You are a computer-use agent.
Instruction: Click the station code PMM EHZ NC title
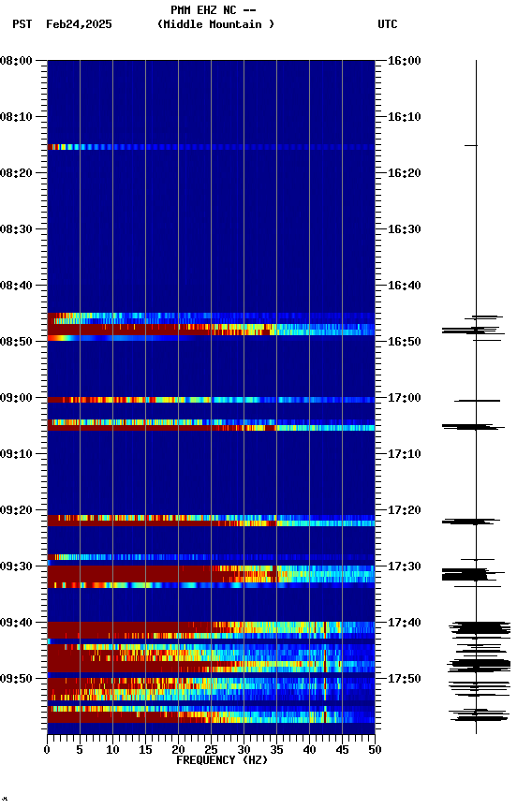(x=213, y=10)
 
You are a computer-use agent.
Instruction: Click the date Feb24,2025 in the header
(x=79, y=24)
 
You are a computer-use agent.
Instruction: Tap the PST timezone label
(x=22, y=24)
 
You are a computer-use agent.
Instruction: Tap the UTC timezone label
(x=388, y=24)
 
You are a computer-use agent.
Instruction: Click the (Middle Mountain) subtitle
(x=216, y=24)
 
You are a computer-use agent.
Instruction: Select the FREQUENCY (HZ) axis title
(x=221, y=760)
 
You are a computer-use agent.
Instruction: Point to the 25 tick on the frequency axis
(x=211, y=749)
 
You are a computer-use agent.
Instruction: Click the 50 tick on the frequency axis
(x=375, y=749)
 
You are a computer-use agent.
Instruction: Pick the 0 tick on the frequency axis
(x=47, y=749)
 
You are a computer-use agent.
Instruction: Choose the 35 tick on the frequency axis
(x=276, y=749)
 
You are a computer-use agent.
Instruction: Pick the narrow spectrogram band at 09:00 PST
(x=211, y=400)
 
